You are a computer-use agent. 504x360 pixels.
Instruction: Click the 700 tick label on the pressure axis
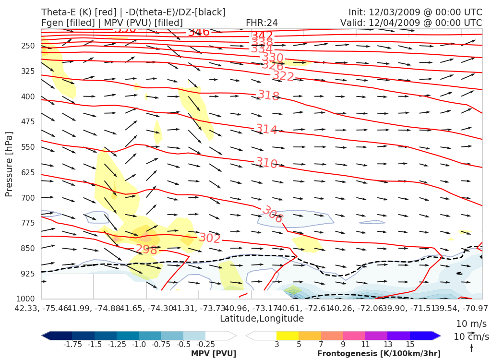tap(28, 198)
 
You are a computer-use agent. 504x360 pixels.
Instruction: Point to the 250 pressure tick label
tap(28, 46)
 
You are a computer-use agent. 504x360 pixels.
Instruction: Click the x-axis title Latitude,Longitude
tap(262, 319)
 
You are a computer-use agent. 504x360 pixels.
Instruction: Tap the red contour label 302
tap(210, 238)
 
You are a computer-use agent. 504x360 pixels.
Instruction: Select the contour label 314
tap(266, 129)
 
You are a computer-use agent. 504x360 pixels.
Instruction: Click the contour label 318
tap(268, 95)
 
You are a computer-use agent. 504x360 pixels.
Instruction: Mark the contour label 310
tap(266, 163)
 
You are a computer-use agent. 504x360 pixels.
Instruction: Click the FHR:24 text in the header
tap(262, 23)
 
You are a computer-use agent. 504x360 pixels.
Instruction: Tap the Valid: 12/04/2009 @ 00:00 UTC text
tap(411, 23)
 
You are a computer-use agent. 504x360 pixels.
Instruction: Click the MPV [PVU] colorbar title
tap(213, 354)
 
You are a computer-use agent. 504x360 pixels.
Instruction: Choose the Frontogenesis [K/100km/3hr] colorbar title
tap(379, 354)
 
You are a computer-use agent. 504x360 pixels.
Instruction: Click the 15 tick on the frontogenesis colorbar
tap(409, 345)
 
